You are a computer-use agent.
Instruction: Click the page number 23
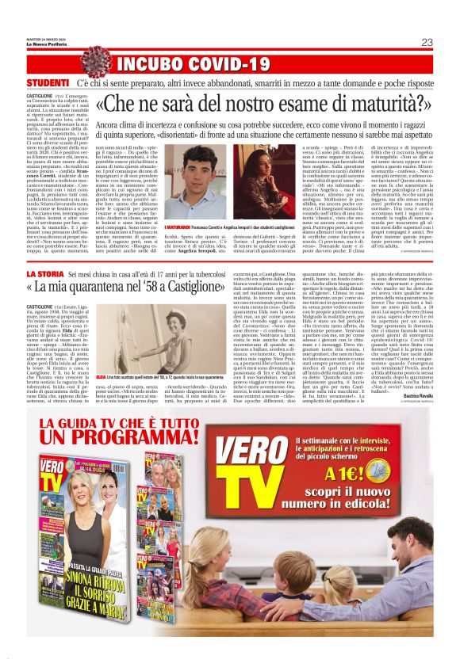427,42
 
